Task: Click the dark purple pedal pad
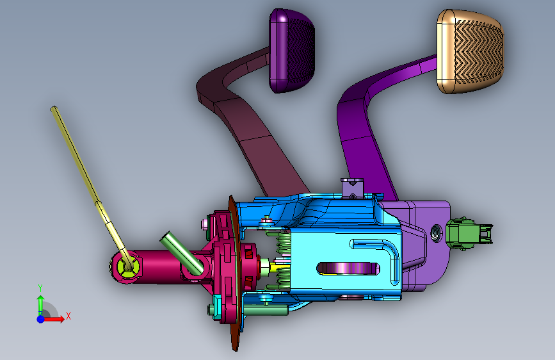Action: [292, 51]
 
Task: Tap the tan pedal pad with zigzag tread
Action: [470, 52]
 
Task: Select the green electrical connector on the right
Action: [468, 234]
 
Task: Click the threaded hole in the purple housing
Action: [436, 233]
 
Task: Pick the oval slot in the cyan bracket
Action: [349, 268]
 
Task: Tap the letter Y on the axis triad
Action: [40, 288]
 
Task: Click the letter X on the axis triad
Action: [68, 316]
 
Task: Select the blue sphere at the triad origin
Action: [41, 319]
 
